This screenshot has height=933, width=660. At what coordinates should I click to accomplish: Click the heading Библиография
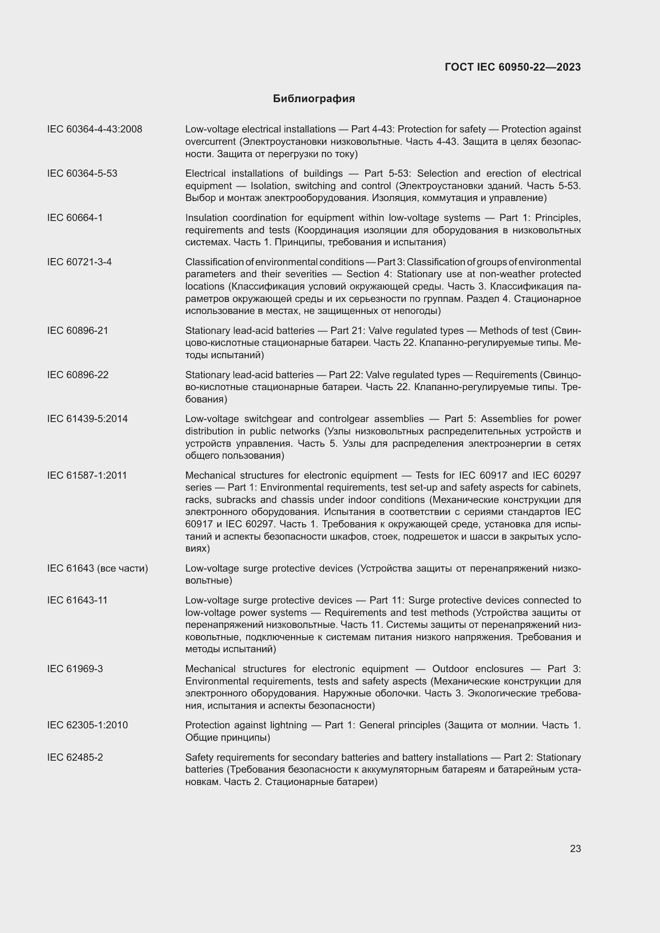(314, 99)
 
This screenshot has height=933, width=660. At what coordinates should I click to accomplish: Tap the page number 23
(575, 848)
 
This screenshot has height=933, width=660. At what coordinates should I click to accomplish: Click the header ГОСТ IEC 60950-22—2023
(512, 67)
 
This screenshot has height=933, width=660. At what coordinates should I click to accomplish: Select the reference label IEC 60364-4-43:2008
(95, 129)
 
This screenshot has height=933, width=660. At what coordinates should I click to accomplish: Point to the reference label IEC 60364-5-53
(82, 174)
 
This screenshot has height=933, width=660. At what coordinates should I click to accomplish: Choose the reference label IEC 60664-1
(75, 218)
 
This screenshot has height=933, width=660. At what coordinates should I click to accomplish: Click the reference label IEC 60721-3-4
(79, 262)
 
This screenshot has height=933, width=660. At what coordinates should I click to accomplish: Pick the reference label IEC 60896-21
(78, 331)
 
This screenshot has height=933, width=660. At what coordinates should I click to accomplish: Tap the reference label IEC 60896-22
(78, 375)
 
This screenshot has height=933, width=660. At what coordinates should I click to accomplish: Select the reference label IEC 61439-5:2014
(87, 419)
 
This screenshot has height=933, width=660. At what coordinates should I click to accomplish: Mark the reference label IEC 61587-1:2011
(87, 475)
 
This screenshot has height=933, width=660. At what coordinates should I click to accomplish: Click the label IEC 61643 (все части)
(97, 568)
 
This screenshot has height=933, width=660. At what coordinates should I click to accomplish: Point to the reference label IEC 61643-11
(77, 600)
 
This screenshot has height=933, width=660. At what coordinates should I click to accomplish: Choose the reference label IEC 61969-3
(75, 669)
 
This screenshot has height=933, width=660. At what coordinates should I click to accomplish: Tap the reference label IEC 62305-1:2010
(87, 725)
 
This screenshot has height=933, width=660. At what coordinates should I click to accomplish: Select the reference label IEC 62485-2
(75, 757)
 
